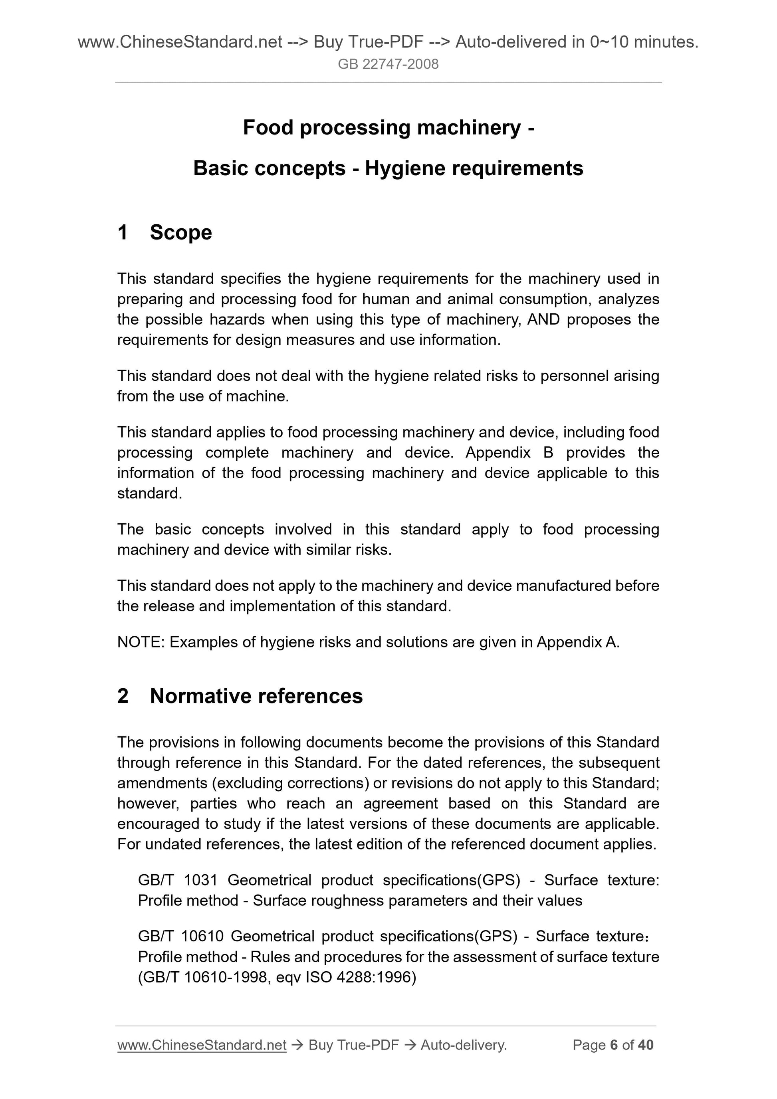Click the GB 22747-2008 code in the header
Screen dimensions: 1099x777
(x=388, y=64)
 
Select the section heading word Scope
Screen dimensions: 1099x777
(x=180, y=233)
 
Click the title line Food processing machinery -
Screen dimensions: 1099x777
(x=388, y=128)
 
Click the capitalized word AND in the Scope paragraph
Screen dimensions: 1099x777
(x=543, y=320)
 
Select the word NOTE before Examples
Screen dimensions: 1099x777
(x=140, y=642)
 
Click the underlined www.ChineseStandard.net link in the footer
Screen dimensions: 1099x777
(x=202, y=1045)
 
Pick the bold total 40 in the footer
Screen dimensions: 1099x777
(x=645, y=1045)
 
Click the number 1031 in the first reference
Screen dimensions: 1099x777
(x=200, y=880)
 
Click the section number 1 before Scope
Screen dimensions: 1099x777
(x=123, y=233)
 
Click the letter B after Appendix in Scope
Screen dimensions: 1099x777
(x=548, y=453)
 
